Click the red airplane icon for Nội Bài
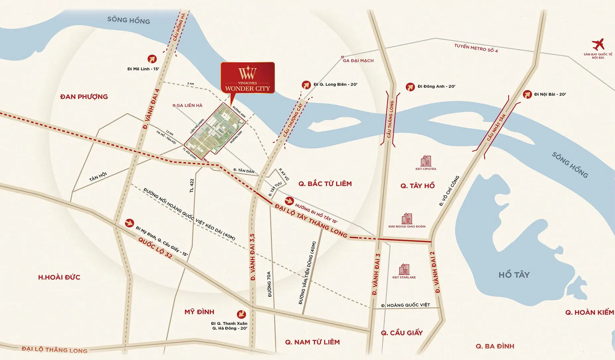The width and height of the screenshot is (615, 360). tap(598, 44)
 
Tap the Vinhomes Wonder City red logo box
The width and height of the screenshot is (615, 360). tap(248, 77)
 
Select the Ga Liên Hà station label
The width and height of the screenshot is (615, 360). tap(189, 105)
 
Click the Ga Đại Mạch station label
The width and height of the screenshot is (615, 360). tap(358, 61)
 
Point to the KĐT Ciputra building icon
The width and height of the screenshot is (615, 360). tap(426, 161)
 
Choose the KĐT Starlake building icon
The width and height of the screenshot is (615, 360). tap(404, 269)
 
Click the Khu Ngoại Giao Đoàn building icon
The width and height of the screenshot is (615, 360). tap(407, 219)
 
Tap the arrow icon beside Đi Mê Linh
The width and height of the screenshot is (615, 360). tap(152, 59)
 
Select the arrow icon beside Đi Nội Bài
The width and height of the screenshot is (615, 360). tap(527, 94)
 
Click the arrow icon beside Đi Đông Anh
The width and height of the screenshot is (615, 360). tap(410, 87)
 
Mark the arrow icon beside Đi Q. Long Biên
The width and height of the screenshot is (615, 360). tap(306, 85)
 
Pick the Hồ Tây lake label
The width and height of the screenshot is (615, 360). tap(514, 275)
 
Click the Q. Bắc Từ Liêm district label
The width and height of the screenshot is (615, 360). tap(325, 184)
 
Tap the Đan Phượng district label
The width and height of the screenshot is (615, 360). tap(84, 97)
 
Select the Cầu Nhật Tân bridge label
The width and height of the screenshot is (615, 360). tap(496, 128)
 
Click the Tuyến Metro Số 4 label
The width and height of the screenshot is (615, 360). tap(476, 48)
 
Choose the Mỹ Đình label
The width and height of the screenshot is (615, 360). tap(199, 312)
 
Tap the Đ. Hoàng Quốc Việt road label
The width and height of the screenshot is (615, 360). tap(405, 305)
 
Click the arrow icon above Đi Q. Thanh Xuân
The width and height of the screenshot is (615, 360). tap(241, 314)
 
